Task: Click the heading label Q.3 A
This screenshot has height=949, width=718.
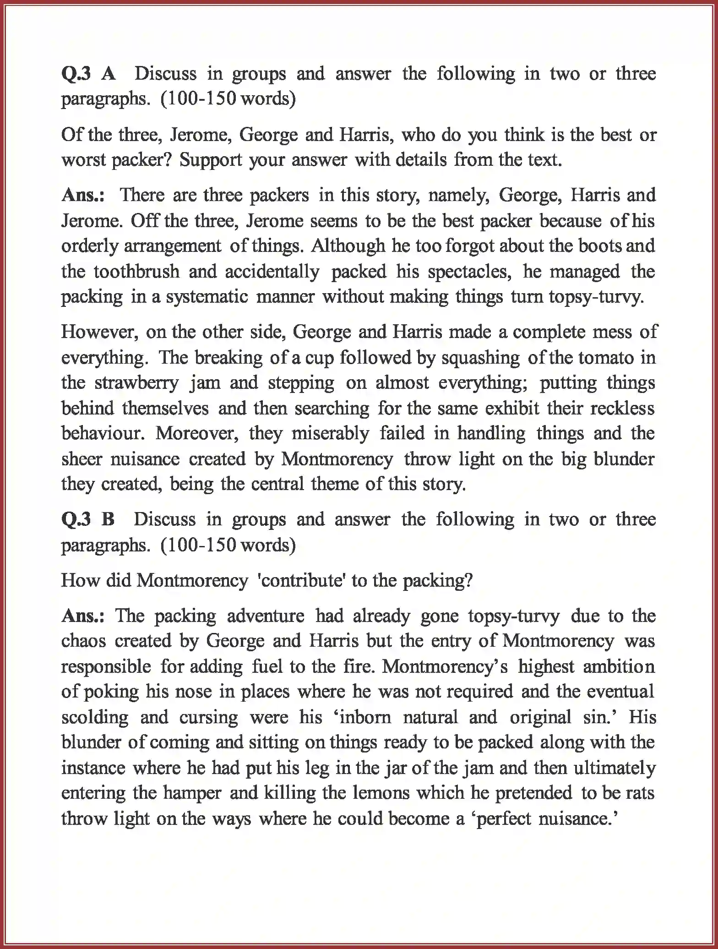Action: click(88, 74)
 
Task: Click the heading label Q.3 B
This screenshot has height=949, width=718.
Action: click(87, 519)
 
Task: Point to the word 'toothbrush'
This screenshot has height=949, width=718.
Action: click(136, 272)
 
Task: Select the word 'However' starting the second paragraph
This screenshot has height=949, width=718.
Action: click(100, 332)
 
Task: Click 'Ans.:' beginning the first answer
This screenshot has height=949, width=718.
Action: click(83, 195)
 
